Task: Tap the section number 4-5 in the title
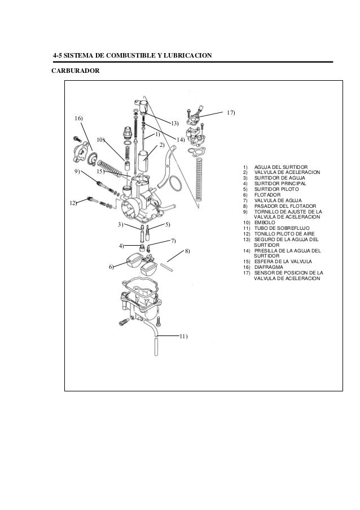tap(58, 55)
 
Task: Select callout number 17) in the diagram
tap(230, 113)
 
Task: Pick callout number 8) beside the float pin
tap(187, 250)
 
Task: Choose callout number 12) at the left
tap(73, 202)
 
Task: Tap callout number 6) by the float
tap(111, 266)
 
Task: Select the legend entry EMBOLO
tap(264, 223)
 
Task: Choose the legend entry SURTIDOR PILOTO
tap(276, 189)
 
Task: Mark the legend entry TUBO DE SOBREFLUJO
tap(281, 228)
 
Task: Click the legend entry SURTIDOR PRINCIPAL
tap(280, 184)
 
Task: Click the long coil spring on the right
tap(198, 181)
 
